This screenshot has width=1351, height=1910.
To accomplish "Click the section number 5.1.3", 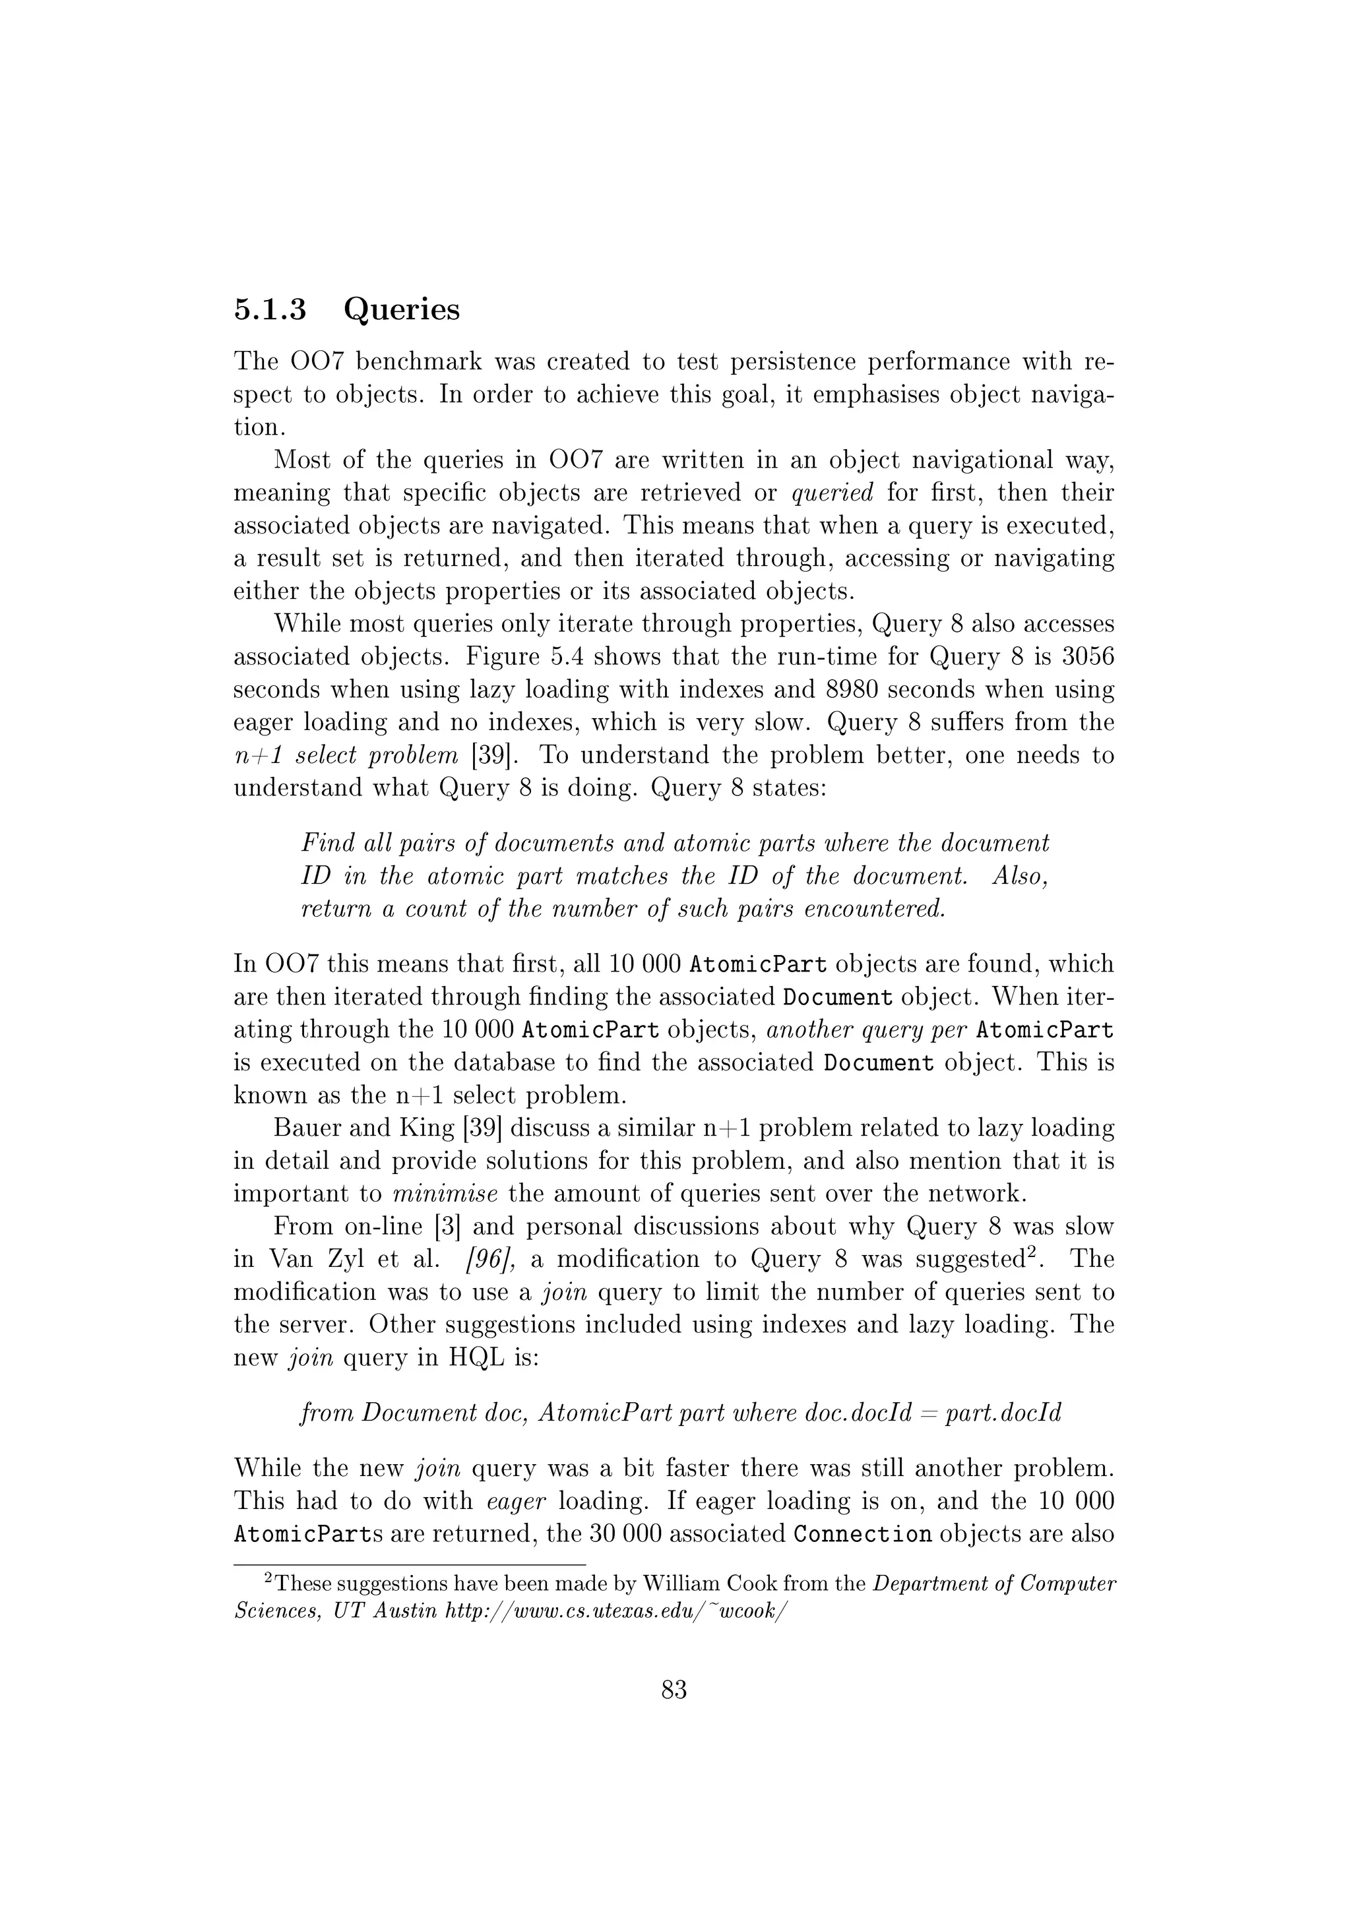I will click(270, 309).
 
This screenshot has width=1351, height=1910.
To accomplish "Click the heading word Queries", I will click(401, 309).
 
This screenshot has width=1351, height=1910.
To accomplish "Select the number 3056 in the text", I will click(1087, 657).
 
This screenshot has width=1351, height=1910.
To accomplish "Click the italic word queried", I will click(832, 493).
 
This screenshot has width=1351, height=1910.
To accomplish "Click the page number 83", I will click(674, 1690).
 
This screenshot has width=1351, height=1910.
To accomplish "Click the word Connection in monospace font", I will click(863, 1534).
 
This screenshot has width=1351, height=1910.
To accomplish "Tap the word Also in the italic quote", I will click(1020, 877).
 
